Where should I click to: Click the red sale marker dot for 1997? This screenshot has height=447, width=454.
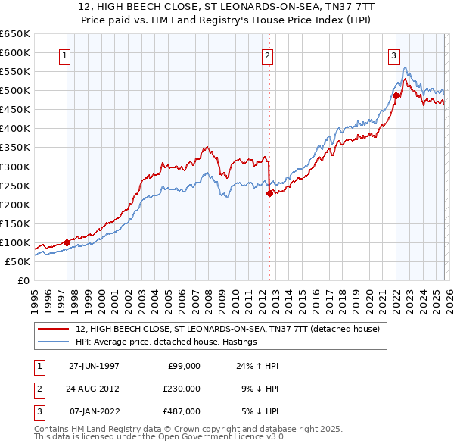67,242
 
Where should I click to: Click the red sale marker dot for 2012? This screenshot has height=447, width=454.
269,193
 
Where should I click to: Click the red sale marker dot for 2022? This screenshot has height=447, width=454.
396,95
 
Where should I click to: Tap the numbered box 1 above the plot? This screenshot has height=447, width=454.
64,55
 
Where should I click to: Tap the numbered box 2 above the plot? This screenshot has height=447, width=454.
268,55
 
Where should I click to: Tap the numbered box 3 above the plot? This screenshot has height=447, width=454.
394,55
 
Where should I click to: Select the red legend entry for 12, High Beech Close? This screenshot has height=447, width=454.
232,328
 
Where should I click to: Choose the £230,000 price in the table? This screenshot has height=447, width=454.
182,389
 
